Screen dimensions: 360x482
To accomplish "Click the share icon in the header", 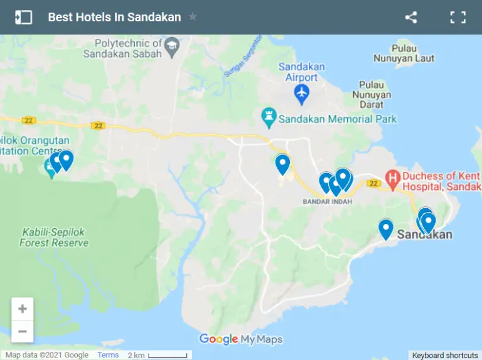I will tap(411, 18).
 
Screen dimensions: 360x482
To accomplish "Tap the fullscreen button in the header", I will tap(458, 18).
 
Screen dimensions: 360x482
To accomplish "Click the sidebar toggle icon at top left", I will tap(23, 18).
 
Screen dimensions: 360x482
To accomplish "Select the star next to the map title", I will tap(193, 17).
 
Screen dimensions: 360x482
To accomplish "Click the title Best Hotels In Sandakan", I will tap(114, 18).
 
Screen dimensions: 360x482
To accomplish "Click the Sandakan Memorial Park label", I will tap(338, 119).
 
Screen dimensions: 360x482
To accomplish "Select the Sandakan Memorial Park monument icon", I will tap(269, 116).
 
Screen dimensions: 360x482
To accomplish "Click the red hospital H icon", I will tap(393, 179).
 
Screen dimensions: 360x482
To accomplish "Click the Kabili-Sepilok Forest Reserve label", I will tap(54, 237).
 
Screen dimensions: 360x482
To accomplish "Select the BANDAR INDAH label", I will tap(327, 202).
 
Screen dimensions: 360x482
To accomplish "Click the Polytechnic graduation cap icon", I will tap(171, 45).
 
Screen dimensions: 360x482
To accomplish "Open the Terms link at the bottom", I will tap(108, 355).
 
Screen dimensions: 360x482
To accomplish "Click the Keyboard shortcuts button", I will tap(445, 355).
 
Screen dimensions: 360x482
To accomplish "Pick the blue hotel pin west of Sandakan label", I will tap(386, 228).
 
